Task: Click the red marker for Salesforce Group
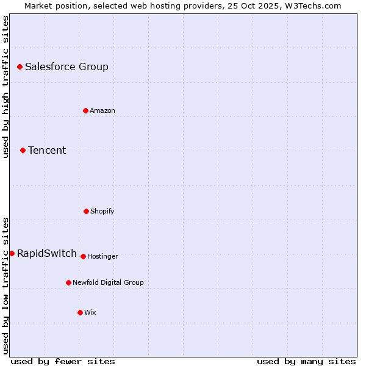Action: (20, 66)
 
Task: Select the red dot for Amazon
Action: (85, 110)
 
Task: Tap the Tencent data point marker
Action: (23, 150)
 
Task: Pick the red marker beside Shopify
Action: (86, 211)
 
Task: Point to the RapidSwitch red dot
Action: (12, 253)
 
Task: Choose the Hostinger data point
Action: (83, 256)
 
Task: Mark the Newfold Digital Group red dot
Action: (68, 282)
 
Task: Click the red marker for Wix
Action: (80, 312)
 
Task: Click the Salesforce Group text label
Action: (66, 67)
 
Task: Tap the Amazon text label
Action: (102, 111)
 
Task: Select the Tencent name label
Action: (47, 151)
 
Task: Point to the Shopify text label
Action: (102, 212)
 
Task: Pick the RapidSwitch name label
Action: (47, 254)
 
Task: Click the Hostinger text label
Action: (102, 257)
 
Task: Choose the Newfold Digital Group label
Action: (108, 283)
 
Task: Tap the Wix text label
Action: (90, 313)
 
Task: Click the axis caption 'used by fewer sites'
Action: (63, 361)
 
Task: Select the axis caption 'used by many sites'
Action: (306, 361)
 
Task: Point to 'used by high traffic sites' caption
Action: (5, 87)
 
